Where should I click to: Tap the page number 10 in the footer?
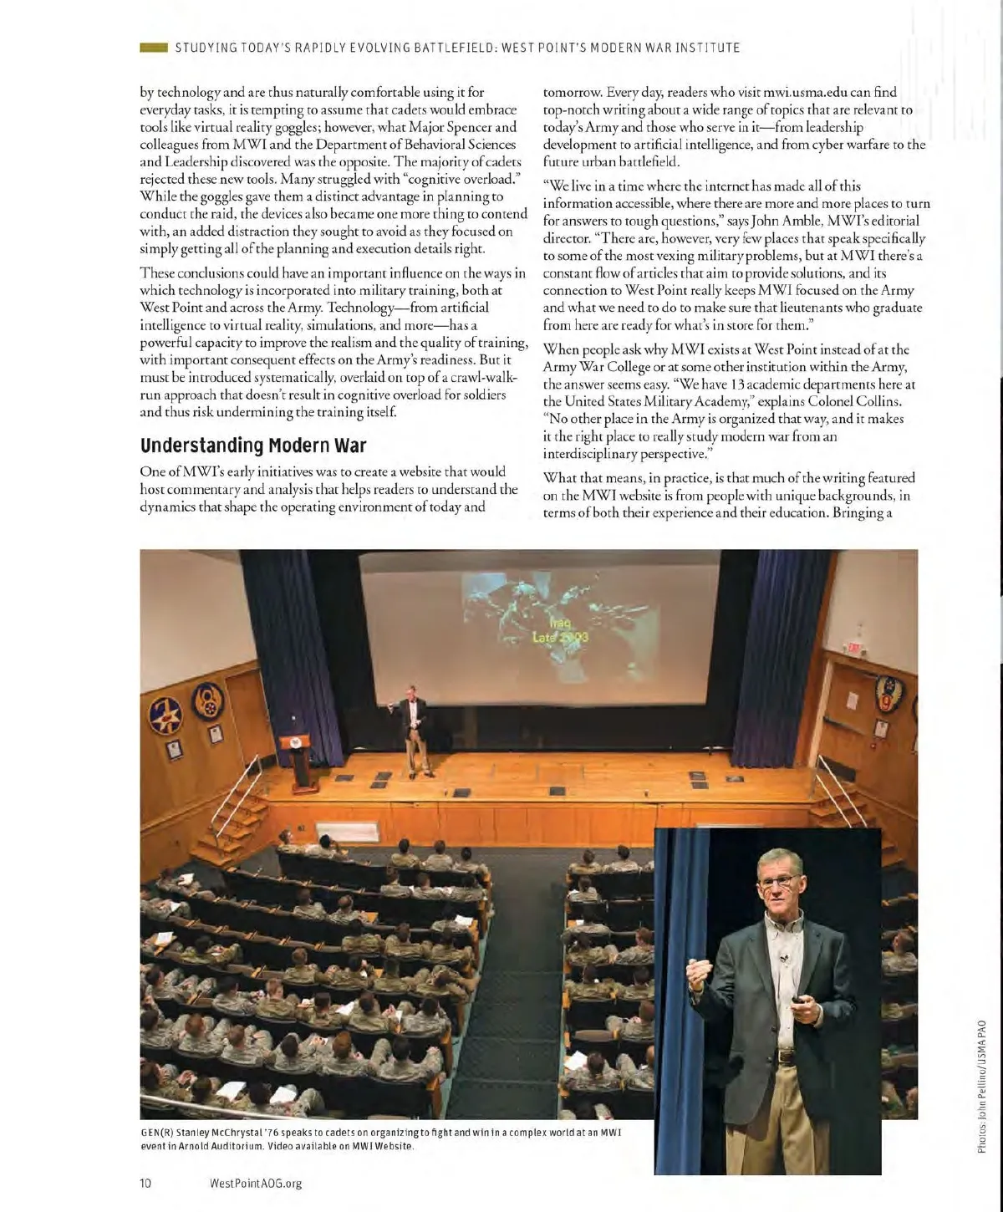(145, 1183)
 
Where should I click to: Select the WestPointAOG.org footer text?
(255, 1183)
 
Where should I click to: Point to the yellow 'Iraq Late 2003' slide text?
(560, 631)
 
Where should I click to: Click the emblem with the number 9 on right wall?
(888, 693)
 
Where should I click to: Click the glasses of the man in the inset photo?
(783, 880)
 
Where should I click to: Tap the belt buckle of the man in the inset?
(786, 1057)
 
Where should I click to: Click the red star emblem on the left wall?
(165, 715)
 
